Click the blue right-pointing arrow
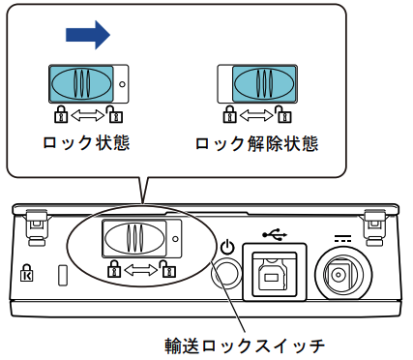[x=88, y=35]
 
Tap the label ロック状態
[x=86, y=143]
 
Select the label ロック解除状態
[x=257, y=143]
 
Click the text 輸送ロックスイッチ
[x=245, y=346]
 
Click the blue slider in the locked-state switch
[x=81, y=84]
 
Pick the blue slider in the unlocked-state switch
[x=264, y=84]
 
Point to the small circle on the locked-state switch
[x=122, y=84]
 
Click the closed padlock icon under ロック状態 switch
[x=61, y=114]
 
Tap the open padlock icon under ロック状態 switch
[x=114, y=114]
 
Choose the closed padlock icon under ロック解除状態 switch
[x=229, y=114]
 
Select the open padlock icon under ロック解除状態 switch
[x=283, y=114]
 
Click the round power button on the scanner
[x=226, y=274]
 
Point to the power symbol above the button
[x=227, y=247]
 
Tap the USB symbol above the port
[x=275, y=235]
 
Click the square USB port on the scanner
[x=275, y=273]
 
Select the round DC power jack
[x=343, y=275]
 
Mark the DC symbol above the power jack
[x=342, y=239]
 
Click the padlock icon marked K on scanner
[x=26, y=273]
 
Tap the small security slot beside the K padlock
[x=63, y=275]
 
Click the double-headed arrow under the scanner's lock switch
[x=141, y=270]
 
